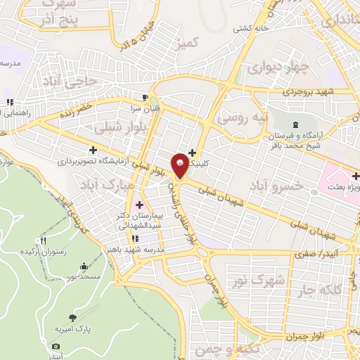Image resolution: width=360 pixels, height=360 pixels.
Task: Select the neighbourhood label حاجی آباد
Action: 84,82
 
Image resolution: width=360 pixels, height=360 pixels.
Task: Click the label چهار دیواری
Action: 278,68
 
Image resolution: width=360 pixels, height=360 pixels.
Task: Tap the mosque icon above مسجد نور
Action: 85,266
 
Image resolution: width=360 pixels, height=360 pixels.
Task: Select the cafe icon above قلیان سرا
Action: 145,98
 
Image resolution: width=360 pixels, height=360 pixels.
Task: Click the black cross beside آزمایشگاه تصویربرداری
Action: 93,149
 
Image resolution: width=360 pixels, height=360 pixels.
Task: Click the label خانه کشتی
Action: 252,28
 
